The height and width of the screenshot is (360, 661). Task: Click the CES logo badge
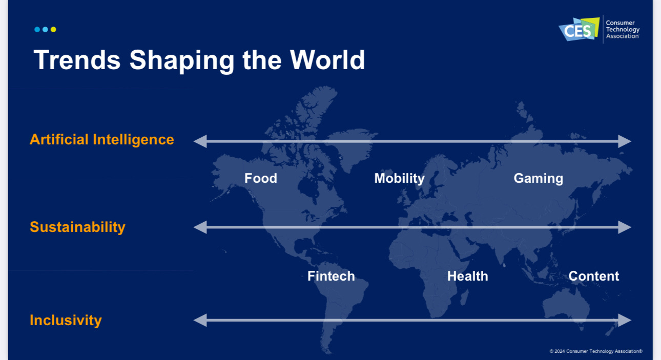click(579, 29)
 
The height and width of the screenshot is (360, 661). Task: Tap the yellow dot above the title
click(53, 30)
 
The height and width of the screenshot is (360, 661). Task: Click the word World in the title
click(327, 60)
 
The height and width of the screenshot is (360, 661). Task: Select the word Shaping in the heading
click(182, 61)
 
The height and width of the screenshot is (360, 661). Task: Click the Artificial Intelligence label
click(102, 139)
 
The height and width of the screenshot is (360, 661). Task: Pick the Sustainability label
click(77, 227)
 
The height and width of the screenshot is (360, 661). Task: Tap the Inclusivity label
click(66, 321)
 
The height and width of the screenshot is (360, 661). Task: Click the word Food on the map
click(261, 178)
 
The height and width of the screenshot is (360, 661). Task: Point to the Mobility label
click(399, 179)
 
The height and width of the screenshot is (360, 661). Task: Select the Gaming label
click(539, 179)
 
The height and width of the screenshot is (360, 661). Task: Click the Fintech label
click(331, 276)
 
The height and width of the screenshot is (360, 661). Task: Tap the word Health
click(468, 276)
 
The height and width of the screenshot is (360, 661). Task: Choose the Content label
click(594, 276)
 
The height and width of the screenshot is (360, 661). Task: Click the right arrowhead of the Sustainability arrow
click(625, 227)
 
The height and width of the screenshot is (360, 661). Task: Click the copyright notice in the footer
click(596, 351)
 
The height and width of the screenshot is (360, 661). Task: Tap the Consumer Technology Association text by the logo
click(623, 30)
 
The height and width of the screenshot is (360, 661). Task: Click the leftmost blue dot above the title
click(37, 30)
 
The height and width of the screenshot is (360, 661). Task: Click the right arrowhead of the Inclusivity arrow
click(625, 320)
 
